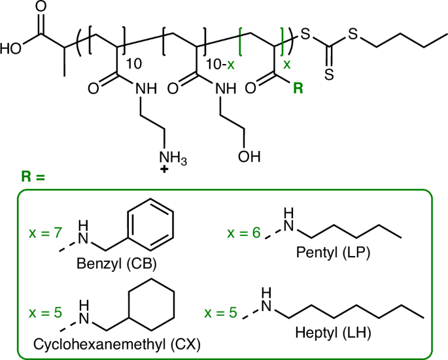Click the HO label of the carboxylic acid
tap(10, 49)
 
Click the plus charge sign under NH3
tap(164, 170)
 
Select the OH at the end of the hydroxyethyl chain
tap(249, 156)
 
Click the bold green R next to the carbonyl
tap(298, 88)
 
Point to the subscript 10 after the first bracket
tap(133, 64)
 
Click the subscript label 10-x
tap(220, 65)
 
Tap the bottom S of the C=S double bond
tap(329, 74)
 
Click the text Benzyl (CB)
tap(116, 263)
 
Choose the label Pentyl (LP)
tap(333, 252)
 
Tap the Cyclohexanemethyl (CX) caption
tap(117, 344)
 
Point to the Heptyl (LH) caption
tap(333, 333)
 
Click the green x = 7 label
tap(45, 233)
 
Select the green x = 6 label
tap(244, 233)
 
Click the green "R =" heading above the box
tap(33, 176)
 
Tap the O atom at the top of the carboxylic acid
tap(41, 7)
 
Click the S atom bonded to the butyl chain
tap(353, 34)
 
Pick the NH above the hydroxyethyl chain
tap(226, 88)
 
